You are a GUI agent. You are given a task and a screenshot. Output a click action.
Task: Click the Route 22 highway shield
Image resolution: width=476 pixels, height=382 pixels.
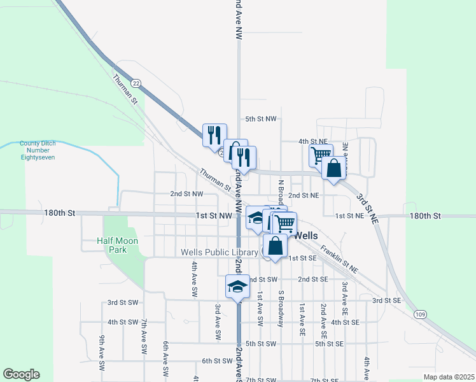point(136,83)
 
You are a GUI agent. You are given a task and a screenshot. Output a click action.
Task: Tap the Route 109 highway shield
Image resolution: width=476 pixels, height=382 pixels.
point(419,314)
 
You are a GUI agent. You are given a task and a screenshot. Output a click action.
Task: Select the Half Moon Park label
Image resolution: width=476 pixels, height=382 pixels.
point(112,245)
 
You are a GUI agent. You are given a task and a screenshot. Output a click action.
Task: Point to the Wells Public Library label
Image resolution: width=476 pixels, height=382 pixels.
point(219,253)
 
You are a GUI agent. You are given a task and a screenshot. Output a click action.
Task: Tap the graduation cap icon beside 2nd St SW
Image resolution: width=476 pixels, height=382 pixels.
point(237,287)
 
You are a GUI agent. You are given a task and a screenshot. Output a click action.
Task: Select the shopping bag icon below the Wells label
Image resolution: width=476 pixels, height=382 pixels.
point(274,246)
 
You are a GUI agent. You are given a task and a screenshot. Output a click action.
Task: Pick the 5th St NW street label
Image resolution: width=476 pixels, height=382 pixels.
point(261,119)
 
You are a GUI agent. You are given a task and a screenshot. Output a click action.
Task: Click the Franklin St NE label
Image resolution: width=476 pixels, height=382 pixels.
point(339,260)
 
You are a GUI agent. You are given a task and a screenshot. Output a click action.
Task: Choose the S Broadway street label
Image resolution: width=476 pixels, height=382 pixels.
point(281,309)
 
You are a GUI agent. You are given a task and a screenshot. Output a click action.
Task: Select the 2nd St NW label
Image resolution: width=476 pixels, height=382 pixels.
point(186,194)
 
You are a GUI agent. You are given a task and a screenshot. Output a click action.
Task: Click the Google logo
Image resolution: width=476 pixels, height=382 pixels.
point(21,374)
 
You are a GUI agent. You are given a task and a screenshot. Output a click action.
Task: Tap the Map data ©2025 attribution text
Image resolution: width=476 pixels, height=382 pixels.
point(449,377)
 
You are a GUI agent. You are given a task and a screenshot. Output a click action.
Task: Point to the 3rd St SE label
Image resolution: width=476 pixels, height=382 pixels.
point(386,301)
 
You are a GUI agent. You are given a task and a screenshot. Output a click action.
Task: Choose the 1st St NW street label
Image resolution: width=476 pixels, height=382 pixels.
point(214,216)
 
